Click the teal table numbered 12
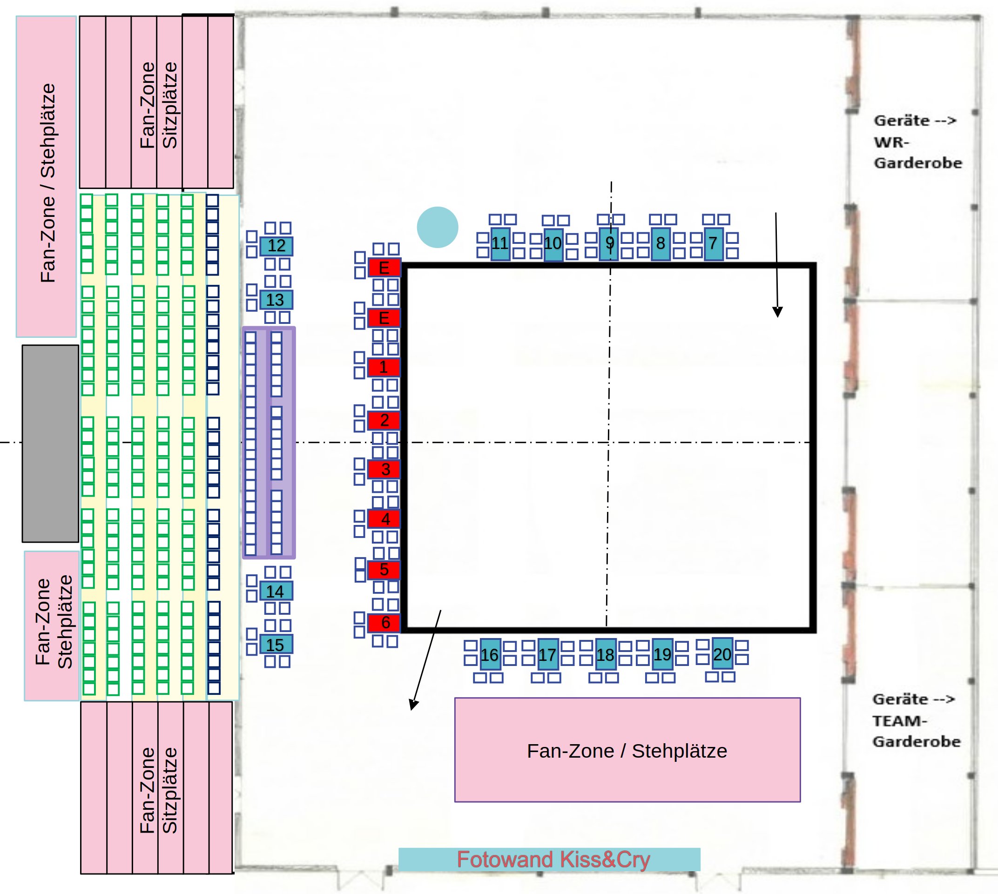tap(276, 246)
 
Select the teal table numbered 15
tap(276, 645)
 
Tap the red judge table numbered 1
tap(384, 367)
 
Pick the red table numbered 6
tap(384, 623)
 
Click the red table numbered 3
tap(384, 469)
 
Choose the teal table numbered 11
tap(500, 244)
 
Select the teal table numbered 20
tap(722, 654)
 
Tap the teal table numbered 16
tap(490, 654)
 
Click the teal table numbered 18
tap(606, 654)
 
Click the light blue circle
tap(438, 227)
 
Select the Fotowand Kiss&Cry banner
tap(549, 860)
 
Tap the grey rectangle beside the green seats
tap(50, 444)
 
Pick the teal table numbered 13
tap(276, 300)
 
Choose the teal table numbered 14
tap(276, 591)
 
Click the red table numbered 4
tap(384, 519)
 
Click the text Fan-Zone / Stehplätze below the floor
tap(627, 751)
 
